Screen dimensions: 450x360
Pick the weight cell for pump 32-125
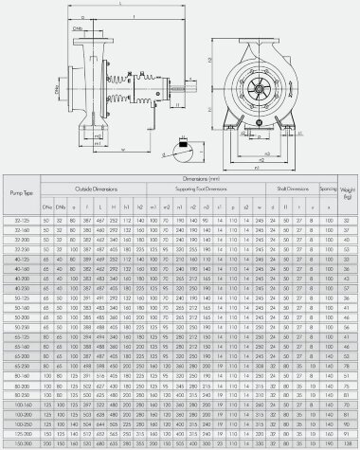(x=348, y=219)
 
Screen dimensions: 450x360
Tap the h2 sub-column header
(x=140, y=204)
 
